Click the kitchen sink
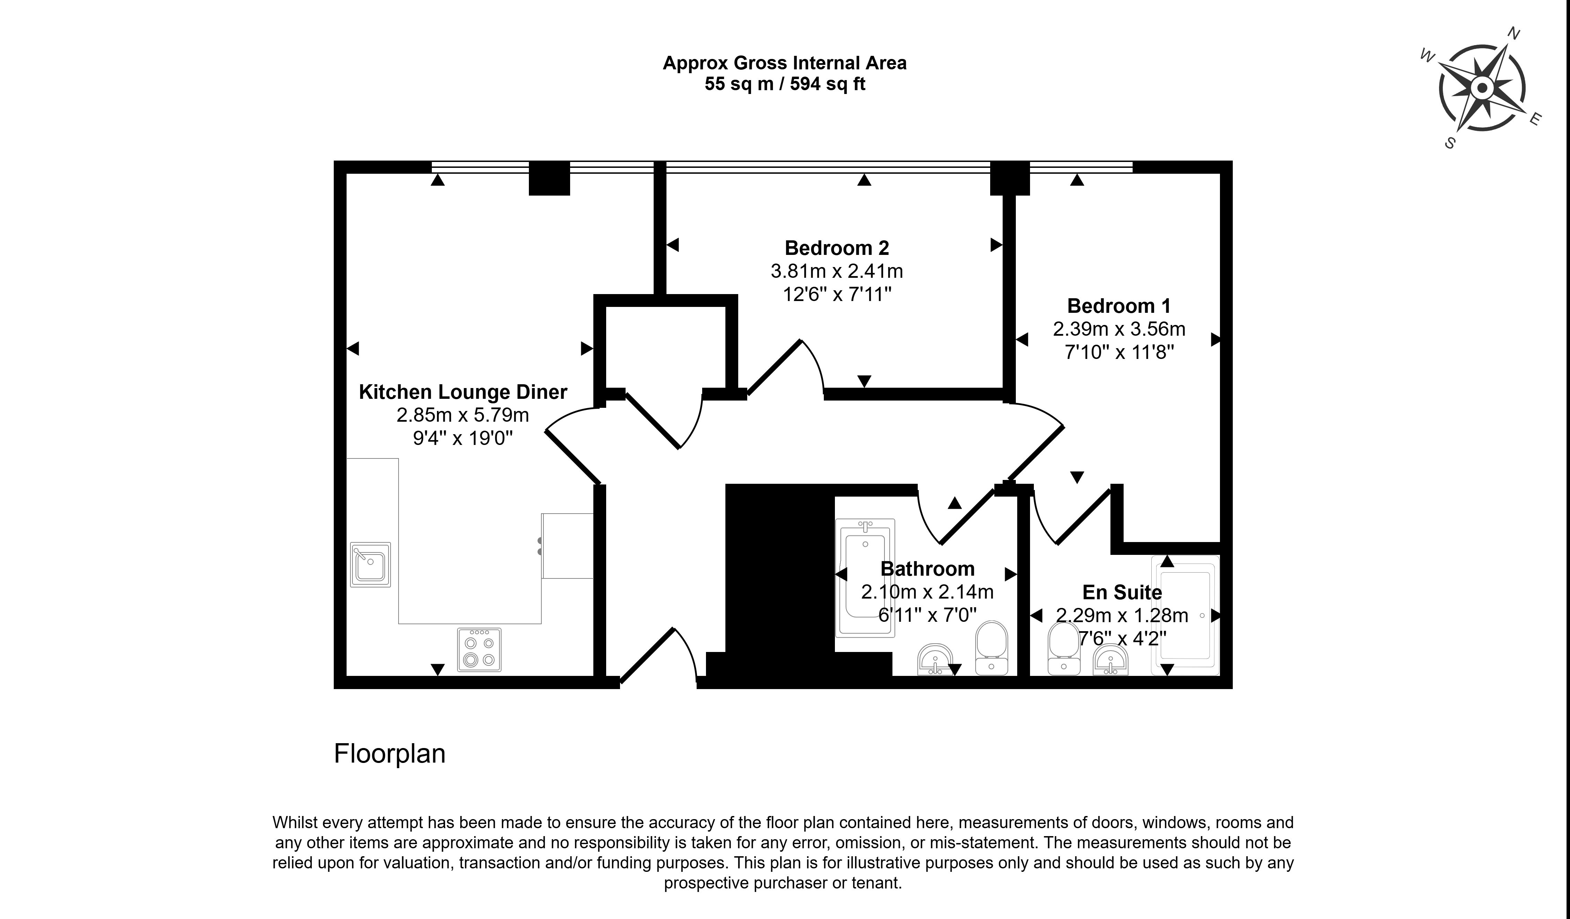[x=370, y=564]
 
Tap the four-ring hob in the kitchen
[x=479, y=650]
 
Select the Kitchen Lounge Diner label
[x=463, y=392]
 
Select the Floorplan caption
[x=390, y=754]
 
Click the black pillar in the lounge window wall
[x=549, y=178]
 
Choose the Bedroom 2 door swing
[x=785, y=368]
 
